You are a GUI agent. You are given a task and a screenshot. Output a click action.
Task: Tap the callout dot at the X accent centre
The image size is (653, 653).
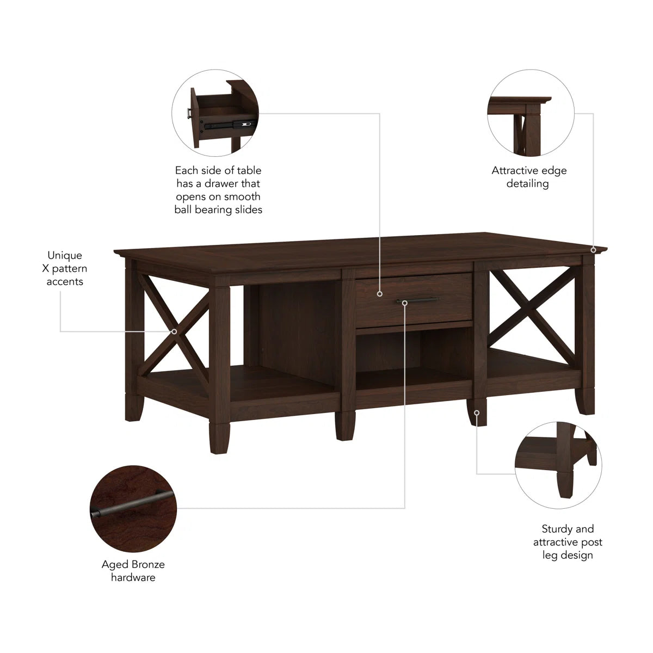tap(174, 331)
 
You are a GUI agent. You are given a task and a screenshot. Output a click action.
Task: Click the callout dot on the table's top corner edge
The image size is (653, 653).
tap(593, 250)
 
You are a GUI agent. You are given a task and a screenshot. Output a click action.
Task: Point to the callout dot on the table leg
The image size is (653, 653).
tap(477, 412)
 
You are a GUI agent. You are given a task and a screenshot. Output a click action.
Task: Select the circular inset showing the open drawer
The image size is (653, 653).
tap(215, 113)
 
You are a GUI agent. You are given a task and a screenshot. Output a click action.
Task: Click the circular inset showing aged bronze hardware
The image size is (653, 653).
tap(133, 509)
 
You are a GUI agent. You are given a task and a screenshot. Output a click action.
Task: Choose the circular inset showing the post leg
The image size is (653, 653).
tap(558, 465)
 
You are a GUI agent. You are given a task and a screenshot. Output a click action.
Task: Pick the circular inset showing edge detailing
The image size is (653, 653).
tap(531, 113)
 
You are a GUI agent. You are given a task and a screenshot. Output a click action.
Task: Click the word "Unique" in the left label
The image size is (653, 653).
tap(64, 256)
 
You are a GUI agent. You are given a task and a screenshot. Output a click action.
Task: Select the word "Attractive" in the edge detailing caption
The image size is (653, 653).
tap(513, 170)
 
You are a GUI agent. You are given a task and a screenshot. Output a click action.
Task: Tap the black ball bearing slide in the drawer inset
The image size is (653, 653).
tap(229, 125)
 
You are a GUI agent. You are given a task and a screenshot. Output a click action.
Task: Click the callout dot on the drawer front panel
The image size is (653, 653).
tap(379, 294)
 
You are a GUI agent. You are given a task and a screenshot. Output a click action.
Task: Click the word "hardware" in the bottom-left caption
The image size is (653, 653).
tap(133, 577)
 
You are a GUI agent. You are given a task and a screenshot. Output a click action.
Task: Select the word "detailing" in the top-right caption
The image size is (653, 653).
tap(527, 184)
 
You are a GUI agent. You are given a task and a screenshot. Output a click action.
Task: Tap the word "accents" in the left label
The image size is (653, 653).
tap(65, 282)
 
